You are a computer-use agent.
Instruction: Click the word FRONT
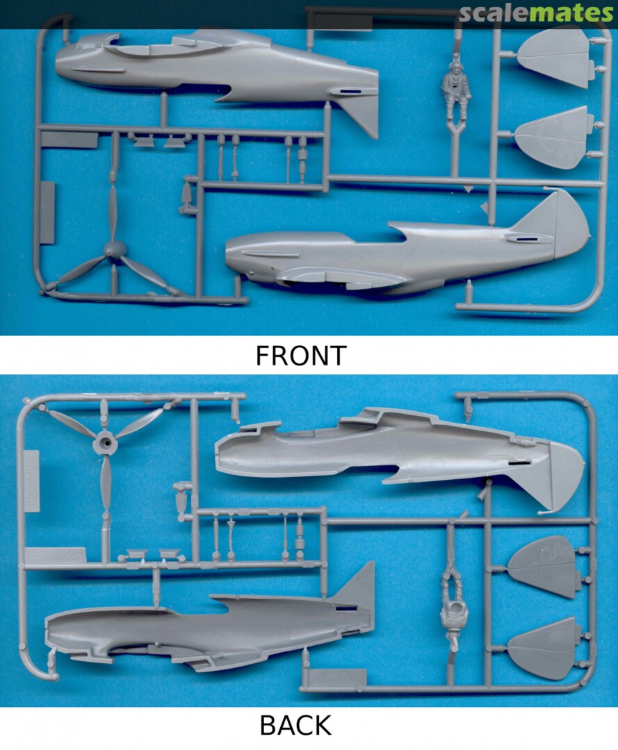coord(300,356)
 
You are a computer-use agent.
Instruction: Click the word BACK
coord(295,725)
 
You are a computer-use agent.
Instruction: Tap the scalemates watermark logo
coord(536,13)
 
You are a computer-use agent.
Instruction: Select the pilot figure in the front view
coord(455,88)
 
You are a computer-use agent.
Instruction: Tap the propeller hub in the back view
coord(106,443)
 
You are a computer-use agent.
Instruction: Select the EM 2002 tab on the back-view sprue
coord(31,481)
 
